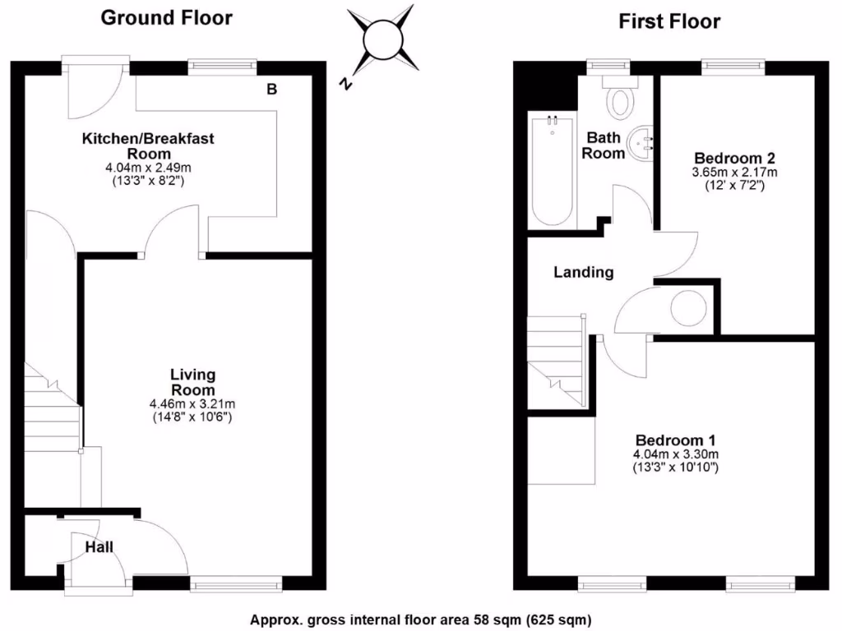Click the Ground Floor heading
[x=166, y=17]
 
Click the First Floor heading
[x=669, y=21]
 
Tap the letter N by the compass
[x=348, y=84]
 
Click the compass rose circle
[x=381, y=39]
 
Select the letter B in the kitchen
[x=271, y=90]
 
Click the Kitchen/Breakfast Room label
[x=148, y=145]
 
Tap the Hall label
[x=99, y=547]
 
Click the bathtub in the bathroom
[x=552, y=170]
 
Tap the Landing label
[x=583, y=272]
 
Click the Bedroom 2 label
[x=735, y=158]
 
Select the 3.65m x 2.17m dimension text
[x=735, y=173]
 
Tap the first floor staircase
[x=556, y=362]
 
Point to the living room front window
[x=236, y=584]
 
